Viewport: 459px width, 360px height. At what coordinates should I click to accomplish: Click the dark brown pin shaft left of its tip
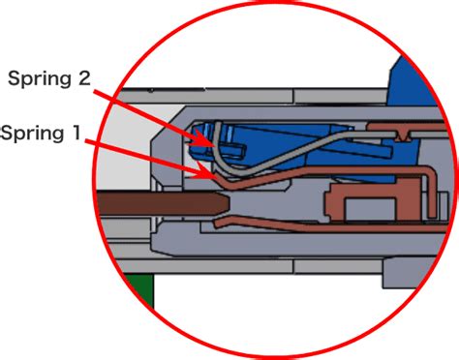(x=155, y=205)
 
